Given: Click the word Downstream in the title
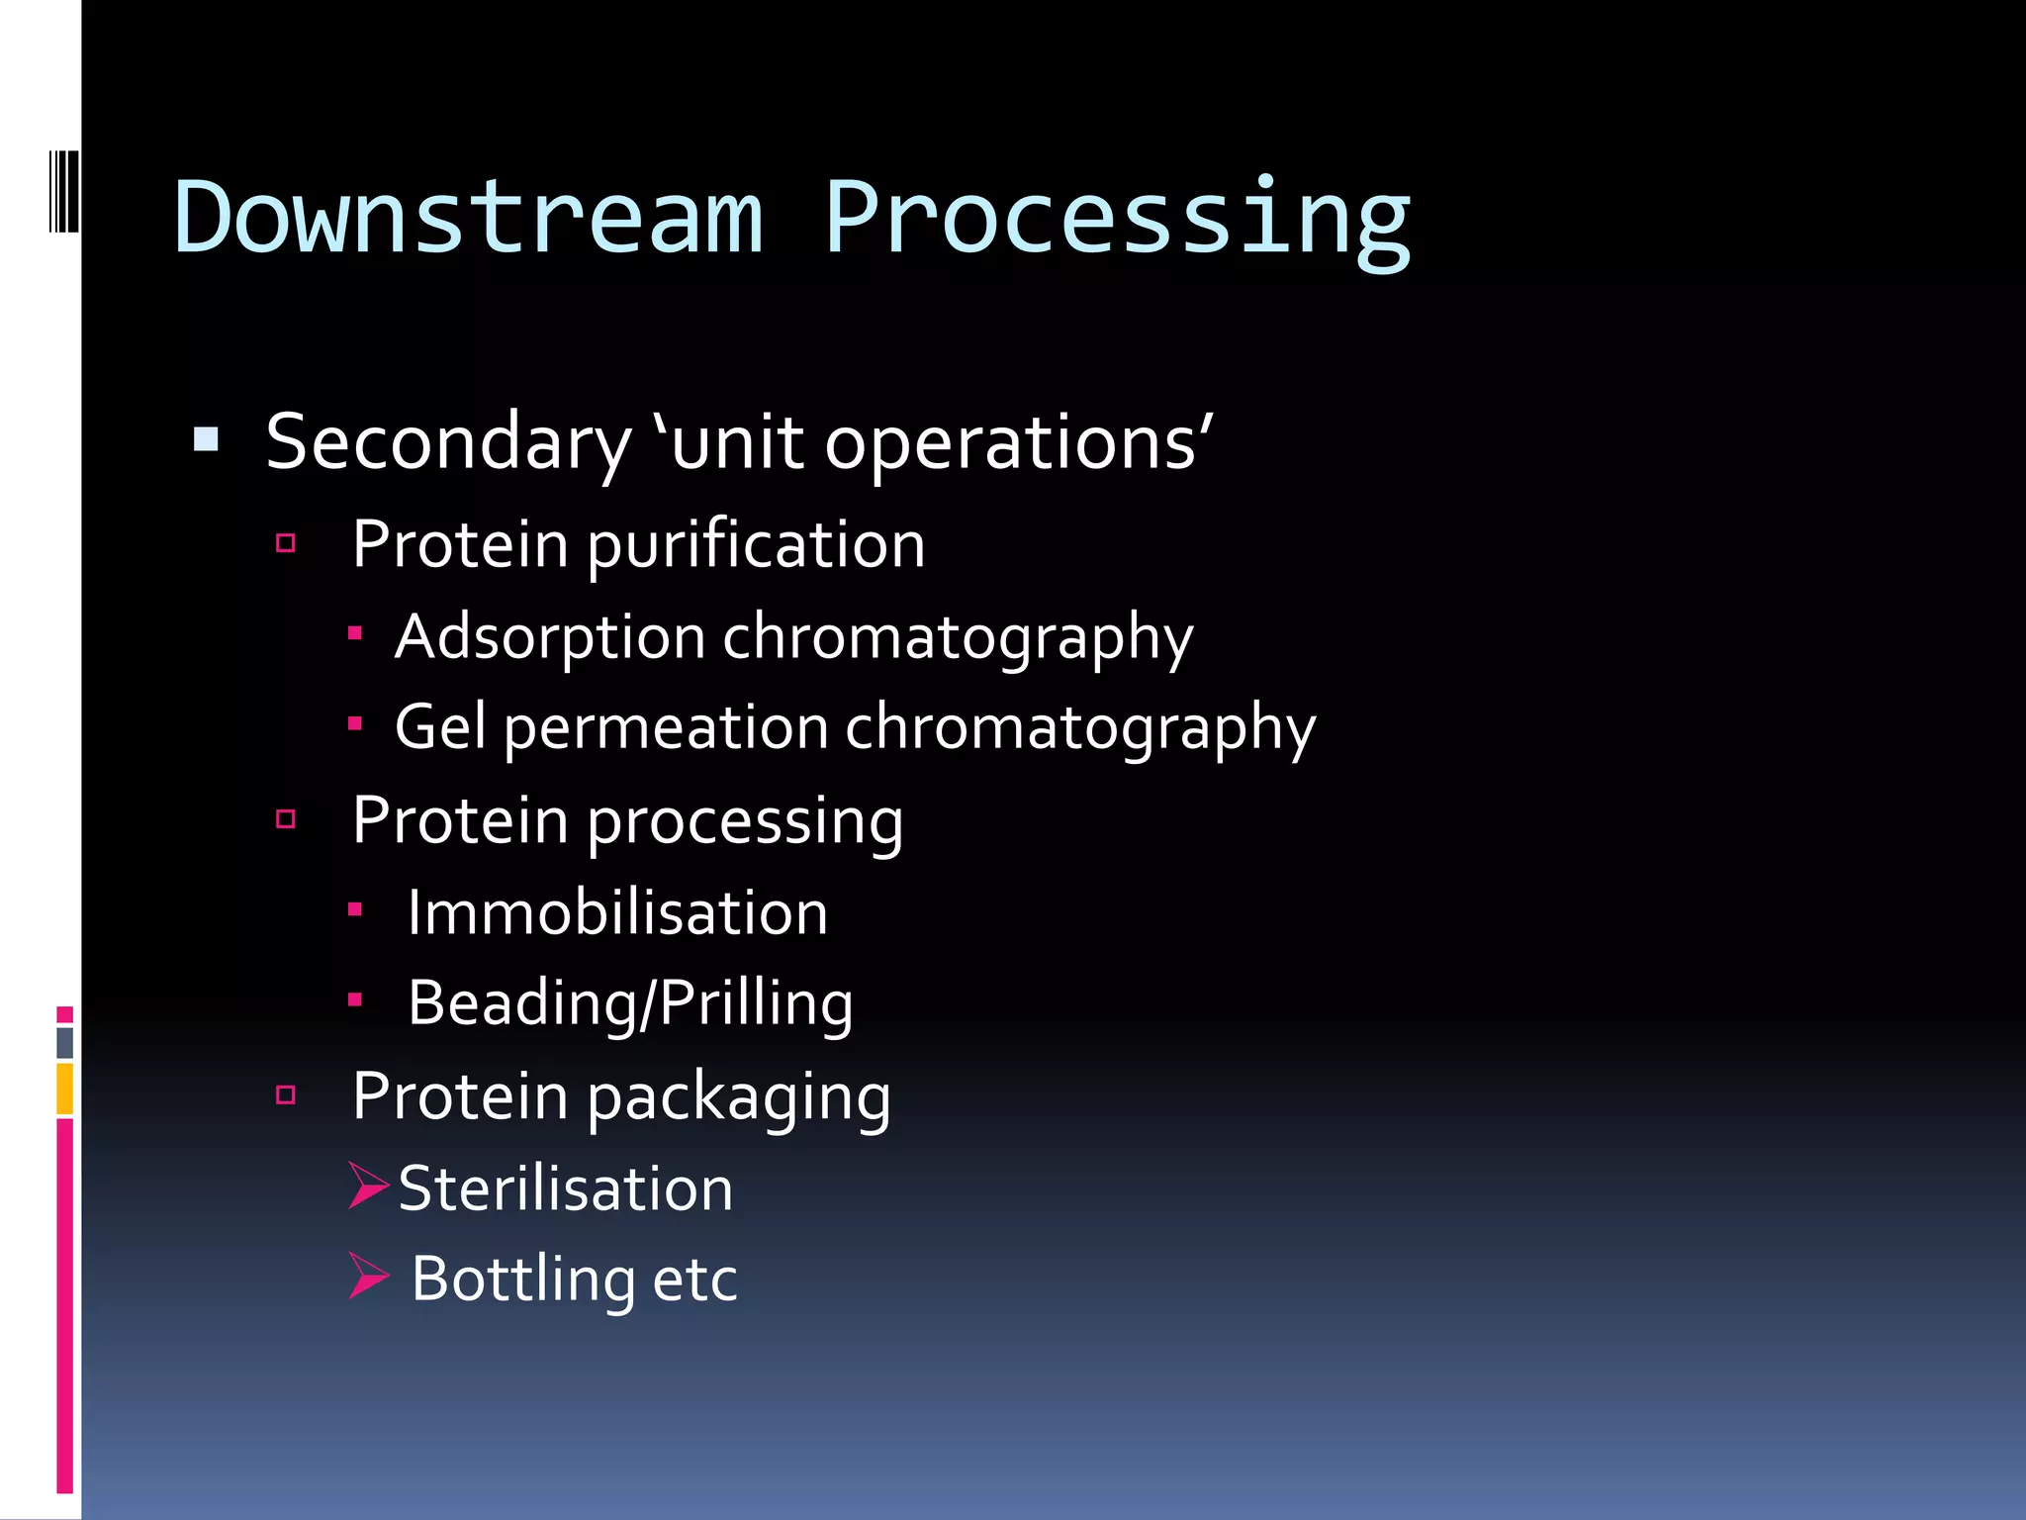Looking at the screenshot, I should click(468, 218).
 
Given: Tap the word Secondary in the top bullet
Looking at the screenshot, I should click(448, 442).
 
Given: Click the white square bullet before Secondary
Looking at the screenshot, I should click(206, 439).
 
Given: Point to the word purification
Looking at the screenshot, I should click(757, 546).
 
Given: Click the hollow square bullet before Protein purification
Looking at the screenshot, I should click(286, 542).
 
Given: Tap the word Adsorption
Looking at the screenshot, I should click(550, 636).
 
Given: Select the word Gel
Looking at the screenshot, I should click(440, 726).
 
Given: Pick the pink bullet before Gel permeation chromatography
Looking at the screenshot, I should click(355, 723).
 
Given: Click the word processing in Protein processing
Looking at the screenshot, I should click(745, 823).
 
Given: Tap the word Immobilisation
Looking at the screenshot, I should click(617, 912).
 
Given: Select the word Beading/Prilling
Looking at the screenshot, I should click(630, 1003).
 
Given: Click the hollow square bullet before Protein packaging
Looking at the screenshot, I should click(286, 1094).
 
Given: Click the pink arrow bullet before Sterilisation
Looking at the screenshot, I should click(368, 1185).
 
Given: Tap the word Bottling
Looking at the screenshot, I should click(522, 1280).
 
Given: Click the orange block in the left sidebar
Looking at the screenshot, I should click(64, 1089).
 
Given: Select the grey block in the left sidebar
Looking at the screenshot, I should click(64, 1042).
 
